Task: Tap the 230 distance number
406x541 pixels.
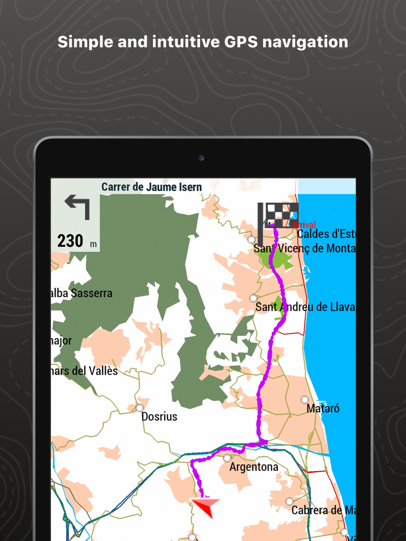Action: coord(70,240)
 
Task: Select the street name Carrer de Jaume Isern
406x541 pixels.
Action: coord(151,187)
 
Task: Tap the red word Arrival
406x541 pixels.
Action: coord(304,225)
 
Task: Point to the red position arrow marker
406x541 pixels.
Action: coord(205,506)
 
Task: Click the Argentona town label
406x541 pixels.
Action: coord(253,466)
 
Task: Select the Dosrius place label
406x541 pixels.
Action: coord(159,416)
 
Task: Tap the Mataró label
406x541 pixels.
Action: coord(322,408)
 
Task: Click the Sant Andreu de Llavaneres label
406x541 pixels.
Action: coord(304,307)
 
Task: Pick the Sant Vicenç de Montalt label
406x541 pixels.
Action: coord(304,248)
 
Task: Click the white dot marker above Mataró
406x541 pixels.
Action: coord(304,400)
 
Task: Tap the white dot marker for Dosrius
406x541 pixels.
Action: coord(140,408)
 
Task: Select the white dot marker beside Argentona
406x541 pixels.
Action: coord(227,458)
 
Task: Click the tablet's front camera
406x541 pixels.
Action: coord(201,158)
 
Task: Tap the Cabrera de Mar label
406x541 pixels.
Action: coord(323,510)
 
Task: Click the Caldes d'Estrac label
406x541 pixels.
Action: coord(325,234)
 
